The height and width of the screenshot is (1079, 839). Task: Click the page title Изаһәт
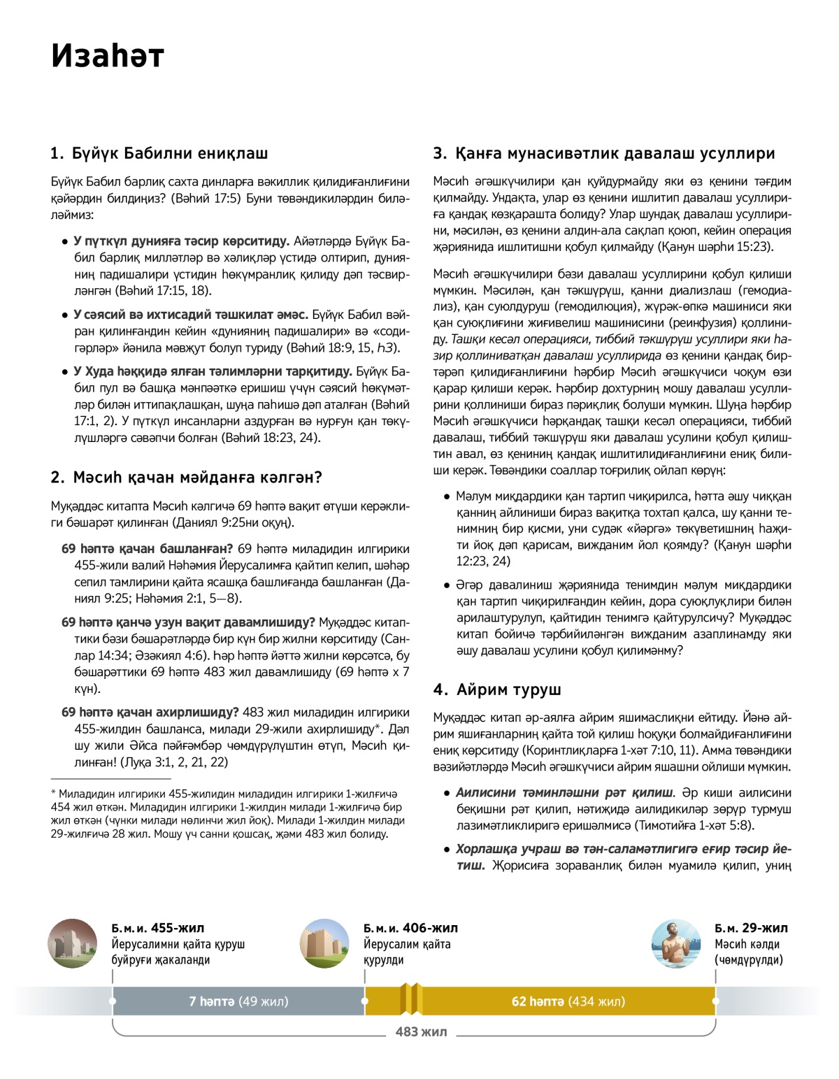click(107, 56)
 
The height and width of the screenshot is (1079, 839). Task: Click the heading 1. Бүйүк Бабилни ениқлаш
click(159, 153)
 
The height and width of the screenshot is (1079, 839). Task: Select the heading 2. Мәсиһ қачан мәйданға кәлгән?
click(186, 477)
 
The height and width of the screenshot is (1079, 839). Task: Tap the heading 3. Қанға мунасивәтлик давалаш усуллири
click(604, 153)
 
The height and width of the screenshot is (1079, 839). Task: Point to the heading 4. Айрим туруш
click(497, 689)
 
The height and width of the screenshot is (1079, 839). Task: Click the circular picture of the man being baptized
click(675, 943)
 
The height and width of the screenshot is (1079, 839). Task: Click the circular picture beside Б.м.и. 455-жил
click(72, 943)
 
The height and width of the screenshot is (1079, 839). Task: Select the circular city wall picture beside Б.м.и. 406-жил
click(324, 943)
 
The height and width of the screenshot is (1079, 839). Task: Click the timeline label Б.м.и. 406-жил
click(410, 928)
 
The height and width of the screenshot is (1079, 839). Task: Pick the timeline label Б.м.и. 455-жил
click(158, 928)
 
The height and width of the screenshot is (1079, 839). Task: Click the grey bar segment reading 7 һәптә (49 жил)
click(238, 1001)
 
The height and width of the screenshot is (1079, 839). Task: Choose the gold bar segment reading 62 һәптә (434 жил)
click(568, 1001)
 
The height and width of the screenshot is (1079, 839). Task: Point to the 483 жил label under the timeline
click(421, 1031)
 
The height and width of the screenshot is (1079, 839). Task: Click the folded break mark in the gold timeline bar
click(410, 999)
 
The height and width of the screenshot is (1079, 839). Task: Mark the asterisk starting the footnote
click(53, 794)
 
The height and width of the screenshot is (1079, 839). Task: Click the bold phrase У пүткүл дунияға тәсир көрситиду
click(181, 241)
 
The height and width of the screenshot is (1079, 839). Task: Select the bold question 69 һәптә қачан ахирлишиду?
click(150, 713)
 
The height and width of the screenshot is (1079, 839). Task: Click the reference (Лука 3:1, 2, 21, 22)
click(174, 762)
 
